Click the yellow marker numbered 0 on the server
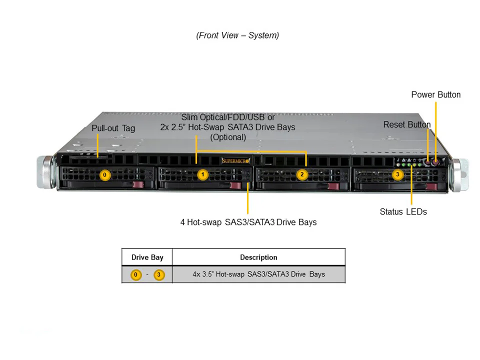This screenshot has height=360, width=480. pyautogui.click(x=104, y=175)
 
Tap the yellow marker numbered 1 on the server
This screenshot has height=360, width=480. pyautogui.click(x=202, y=175)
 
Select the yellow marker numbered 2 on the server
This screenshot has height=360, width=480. pyautogui.click(x=302, y=175)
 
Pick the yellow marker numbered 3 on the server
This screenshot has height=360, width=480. pyautogui.click(x=397, y=175)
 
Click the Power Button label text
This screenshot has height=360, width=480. pyautogui.click(x=436, y=94)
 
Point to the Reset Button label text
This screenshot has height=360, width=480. pyautogui.click(x=406, y=124)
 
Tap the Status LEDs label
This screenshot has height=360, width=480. pyautogui.click(x=403, y=211)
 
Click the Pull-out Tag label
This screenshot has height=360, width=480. pyautogui.click(x=113, y=128)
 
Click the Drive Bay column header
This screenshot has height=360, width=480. pyautogui.click(x=147, y=257)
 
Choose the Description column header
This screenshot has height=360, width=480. pyautogui.click(x=258, y=257)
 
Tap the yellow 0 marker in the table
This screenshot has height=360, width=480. pyautogui.click(x=136, y=274)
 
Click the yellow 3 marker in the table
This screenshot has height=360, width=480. pyautogui.click(x=159, y=274)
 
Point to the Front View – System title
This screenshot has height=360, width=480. pyautogui.click(x=237, y=35)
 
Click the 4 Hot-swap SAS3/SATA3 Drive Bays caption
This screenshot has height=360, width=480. pyautogui.click(x=248, y=222)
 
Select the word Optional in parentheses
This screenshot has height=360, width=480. pyautogui.click(x=228, y=137)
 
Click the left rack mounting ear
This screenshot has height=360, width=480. pyautogui.click(x=45, y=173)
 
